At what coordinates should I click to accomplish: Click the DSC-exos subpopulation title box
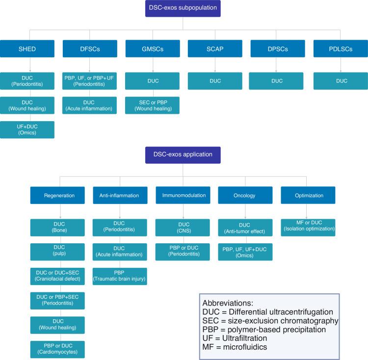pos(183,8)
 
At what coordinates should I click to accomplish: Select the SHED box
pos(30,49)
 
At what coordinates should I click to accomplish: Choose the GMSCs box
pos(152,49)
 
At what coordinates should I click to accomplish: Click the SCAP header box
pos(214,49)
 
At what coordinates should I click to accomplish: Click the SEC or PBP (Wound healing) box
pos(152,105)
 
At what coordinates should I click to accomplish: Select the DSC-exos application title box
pos(183,154)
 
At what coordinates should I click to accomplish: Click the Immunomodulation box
pos(183,195)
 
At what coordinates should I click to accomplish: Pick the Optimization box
pos(308,195)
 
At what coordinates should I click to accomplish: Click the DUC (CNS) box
pos(183,227)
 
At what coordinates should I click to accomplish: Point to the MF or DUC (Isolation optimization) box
pos(308,228)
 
